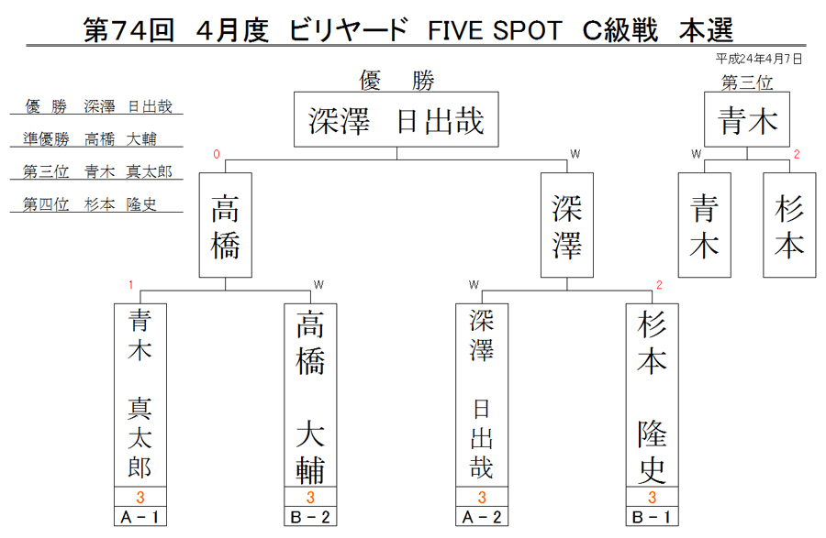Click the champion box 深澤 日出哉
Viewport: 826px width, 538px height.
[396, 119]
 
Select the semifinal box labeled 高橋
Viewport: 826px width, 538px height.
[226, 225]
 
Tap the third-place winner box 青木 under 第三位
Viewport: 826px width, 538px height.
[747, 119]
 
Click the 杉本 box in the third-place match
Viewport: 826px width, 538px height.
[789, 225]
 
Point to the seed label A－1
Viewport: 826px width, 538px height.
[140, 517]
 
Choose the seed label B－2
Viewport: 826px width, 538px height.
[310, 517]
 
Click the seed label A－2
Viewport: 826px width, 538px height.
[482, 517]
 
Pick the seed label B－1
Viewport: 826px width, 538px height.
[653, 517]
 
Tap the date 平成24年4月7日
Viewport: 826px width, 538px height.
[759, 59]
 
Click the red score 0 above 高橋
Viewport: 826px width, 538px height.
[216, 154]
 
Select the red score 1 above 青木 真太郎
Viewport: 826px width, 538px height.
[130, 285]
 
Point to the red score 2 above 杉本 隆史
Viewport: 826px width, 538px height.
[659, 285]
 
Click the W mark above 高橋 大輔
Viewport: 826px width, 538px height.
[318, 285]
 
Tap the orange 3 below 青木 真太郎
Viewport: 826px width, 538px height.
[140, 497]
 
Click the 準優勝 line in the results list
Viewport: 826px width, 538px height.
[90, 138]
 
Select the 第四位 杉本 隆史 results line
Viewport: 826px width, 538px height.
[90, 204]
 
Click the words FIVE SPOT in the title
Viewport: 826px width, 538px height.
[495, 30]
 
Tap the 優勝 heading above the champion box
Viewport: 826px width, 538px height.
[397, 81]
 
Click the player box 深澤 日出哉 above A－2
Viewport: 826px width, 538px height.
[482, 395]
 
